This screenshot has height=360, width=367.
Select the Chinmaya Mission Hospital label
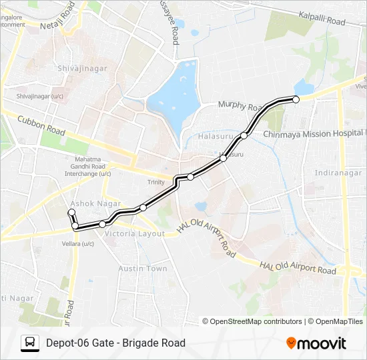pos(314,134)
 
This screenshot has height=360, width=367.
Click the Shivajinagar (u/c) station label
pos(39,96)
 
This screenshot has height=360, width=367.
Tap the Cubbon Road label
pos(41,126)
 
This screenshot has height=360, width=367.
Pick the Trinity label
pos(155,182)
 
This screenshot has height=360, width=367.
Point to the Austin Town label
pos(143,268)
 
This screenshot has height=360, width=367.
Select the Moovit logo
pos(316,343)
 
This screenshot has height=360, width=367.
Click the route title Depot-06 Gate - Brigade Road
pos(115,343)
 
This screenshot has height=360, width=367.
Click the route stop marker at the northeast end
pos(296,99)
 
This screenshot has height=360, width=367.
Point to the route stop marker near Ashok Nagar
pos(71,212)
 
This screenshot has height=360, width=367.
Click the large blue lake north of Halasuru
pos(174,94)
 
